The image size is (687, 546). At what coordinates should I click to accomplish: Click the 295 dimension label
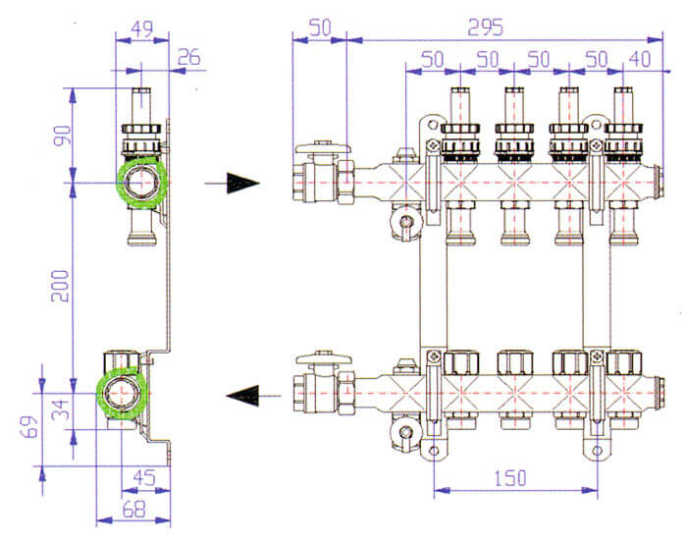click(x=486, y=27)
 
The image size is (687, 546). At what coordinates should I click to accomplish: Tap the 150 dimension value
click(x=509, y=478)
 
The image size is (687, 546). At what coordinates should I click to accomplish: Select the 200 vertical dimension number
click(x=61, y=286)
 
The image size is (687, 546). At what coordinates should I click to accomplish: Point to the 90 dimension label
click(x=62, y=136)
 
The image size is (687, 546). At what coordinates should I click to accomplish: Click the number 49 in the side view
click(x=142, y=28)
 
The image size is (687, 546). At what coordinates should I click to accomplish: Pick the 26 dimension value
click(x=188, y=58)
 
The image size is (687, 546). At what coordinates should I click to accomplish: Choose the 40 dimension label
click(x=640, y=59)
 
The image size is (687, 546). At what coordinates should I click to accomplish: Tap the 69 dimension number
click(x=30, y=427)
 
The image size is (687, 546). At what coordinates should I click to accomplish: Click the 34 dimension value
click(x=61, y=409)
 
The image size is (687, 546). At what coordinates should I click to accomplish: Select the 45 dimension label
click(x=144, y=477)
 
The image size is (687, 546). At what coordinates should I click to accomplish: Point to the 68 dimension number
click(x=133, y=510)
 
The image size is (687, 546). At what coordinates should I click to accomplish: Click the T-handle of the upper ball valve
click(x=323, y=148)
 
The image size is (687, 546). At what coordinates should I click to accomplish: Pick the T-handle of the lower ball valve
click(x=323, y=358)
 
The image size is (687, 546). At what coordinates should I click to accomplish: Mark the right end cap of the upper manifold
click(x=658, y=181)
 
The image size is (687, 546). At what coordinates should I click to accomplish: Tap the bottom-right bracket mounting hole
click(x=597, y=451)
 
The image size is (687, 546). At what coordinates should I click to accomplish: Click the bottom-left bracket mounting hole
click(x=434, y=451)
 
